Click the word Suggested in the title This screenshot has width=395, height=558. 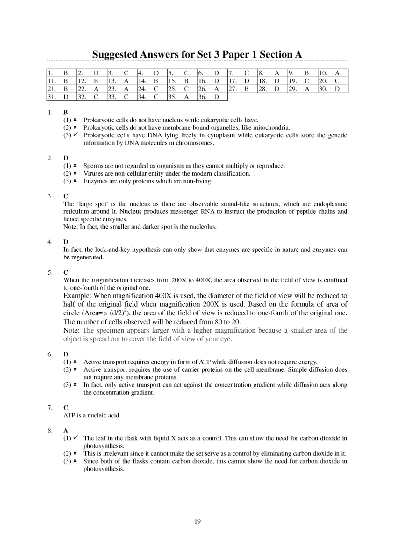click(115, 55)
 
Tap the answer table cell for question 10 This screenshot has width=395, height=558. click(333, 73)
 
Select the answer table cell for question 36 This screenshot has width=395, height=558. click(212, 97)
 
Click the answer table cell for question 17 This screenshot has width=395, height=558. click(242, 81)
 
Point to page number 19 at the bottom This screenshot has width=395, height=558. click(197, 521)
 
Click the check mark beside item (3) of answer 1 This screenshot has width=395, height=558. click(75, 135)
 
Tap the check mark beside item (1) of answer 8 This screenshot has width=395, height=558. click(75, 438)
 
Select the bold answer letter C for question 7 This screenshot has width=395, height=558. click(66, 408)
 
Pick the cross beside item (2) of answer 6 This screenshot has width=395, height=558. click(75, 370)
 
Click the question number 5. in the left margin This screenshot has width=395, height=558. click(50, 272)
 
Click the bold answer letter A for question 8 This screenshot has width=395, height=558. click(66, 431)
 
